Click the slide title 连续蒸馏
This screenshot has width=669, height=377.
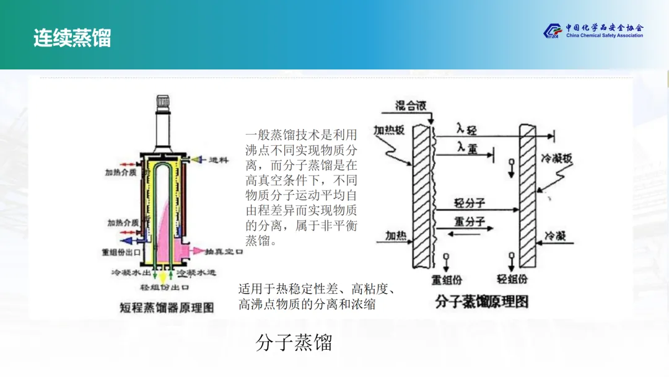tap(72, 38)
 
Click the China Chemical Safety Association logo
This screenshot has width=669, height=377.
tap(593, 31)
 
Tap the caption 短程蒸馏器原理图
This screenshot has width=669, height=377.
tap(167, 307)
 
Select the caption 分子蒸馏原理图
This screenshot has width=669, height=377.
tap(481, 302)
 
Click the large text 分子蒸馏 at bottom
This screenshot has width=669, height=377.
tap(294, 342)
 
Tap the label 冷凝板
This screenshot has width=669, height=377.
tap(557, 158)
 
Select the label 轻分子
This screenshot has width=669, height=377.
tap(469, 203)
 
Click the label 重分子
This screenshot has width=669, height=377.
tap(470, 221)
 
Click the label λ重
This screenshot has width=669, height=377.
tap(468, 146)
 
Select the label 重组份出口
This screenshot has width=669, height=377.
tap(122, 253)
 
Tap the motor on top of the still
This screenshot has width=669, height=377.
tap(164, 102)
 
